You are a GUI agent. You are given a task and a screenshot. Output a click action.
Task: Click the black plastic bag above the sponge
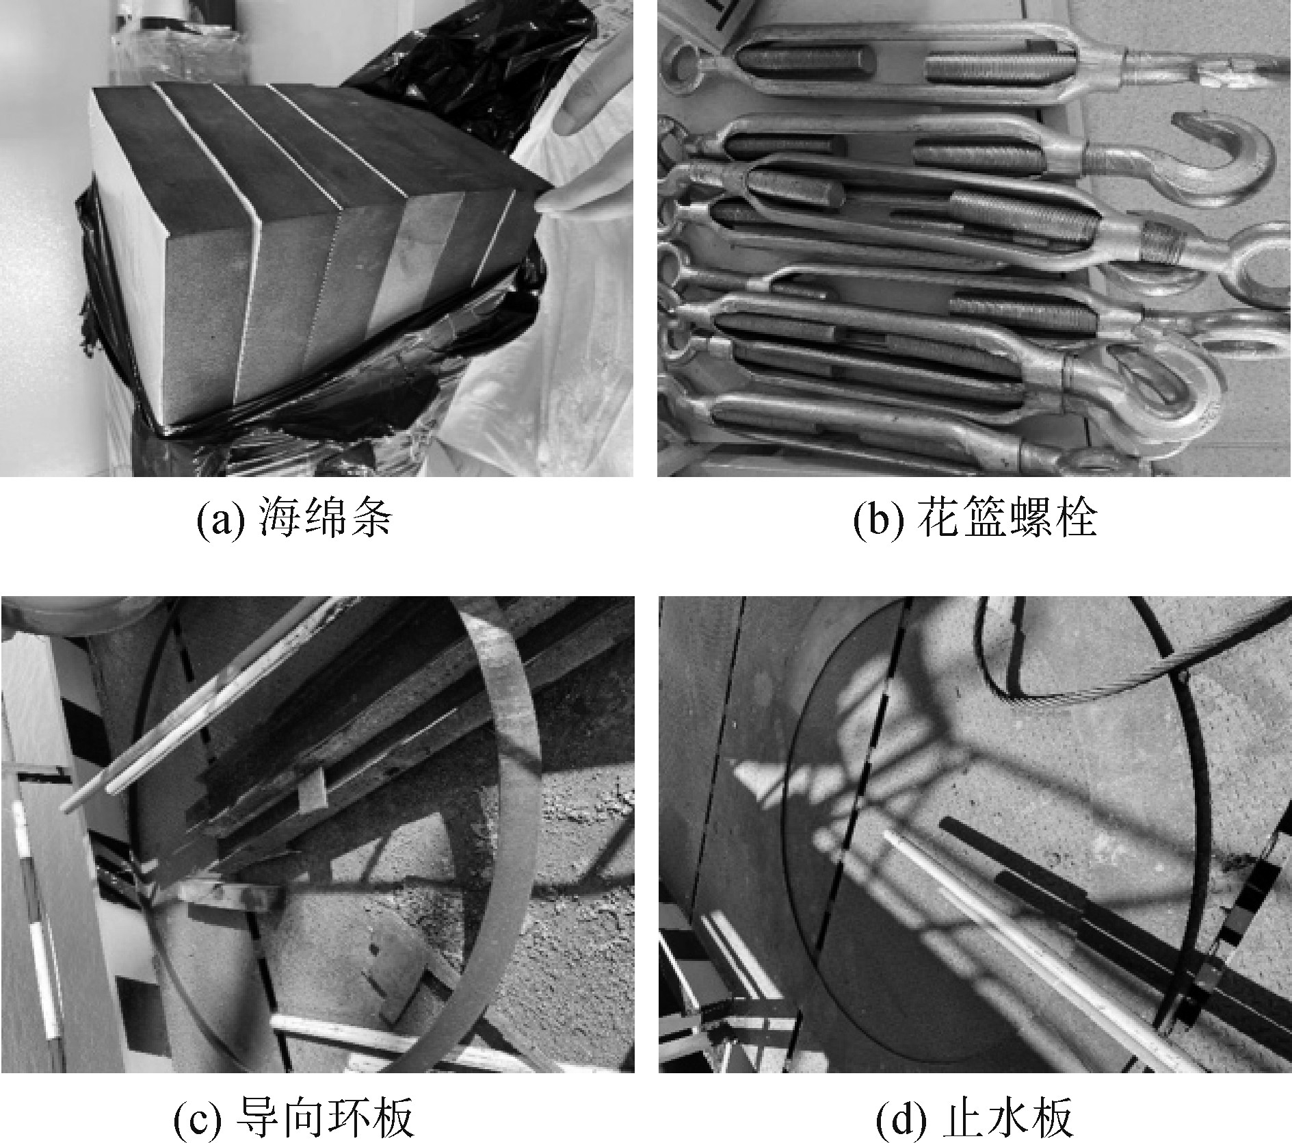[x=479, y=75]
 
